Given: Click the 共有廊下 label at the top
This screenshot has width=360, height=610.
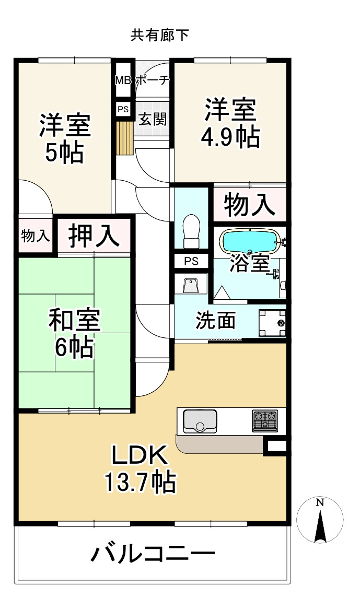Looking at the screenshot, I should coord(159,36).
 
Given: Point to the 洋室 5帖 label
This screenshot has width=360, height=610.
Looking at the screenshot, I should coord(65,138).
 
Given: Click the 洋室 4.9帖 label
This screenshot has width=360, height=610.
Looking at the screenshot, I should coord(230,124).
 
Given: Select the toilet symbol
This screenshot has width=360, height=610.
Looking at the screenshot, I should coord(192,231).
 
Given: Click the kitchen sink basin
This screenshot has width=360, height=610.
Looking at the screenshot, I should coord(199,420).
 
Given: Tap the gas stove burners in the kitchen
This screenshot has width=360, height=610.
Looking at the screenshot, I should coord(265,420).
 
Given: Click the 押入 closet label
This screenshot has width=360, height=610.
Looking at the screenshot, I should coord(94,236).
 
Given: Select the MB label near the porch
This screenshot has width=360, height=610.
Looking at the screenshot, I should coord(123,80).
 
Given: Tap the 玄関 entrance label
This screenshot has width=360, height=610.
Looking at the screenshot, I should coord(152,119).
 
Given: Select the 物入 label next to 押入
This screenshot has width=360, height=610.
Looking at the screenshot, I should coord(36,236).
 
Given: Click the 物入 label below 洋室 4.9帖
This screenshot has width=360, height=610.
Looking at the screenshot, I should coord(250,204).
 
